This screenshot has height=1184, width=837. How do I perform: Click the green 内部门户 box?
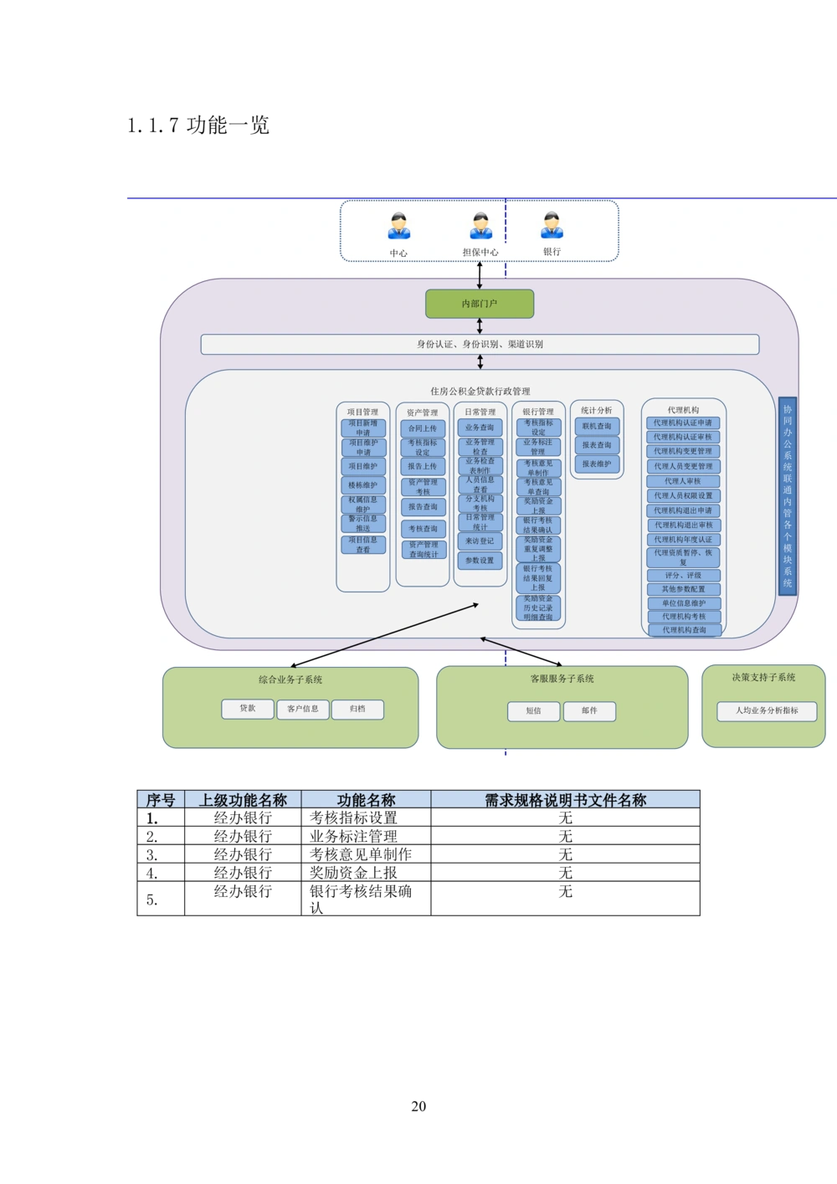coord(480,304)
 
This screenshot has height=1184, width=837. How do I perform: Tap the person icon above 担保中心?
coord(481,225)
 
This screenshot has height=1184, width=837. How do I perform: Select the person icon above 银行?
coord(552,225)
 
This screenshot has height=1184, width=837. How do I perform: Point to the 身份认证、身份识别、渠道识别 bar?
coord(480,344)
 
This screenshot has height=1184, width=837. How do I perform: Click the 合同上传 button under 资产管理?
coord(423,428)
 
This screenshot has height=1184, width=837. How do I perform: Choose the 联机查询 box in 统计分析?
coord(597,427)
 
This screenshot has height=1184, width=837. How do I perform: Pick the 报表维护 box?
coord(597,464)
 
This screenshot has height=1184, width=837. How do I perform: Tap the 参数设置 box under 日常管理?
coord(480,561)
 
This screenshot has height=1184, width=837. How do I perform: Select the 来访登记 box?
coord(480,541)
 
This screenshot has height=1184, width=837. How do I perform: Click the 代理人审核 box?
coord(683,481)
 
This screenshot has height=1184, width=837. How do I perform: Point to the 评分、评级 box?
coord(683,576)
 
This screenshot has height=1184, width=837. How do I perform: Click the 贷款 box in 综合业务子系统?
coord(248,709)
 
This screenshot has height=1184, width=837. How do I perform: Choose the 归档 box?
coord(357,709)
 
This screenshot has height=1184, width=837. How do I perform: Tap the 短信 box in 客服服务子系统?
coord(533,711)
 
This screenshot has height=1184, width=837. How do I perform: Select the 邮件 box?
coord(589,711)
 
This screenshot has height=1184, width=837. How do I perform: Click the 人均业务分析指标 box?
coord(767,711)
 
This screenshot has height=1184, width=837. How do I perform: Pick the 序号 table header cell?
coord(160,801)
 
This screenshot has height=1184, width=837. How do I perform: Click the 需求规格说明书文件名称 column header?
coord(566,801)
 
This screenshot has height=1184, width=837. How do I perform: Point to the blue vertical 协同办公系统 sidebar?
coord(787,496)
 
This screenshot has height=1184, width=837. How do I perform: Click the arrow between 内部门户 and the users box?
coord(480,274)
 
